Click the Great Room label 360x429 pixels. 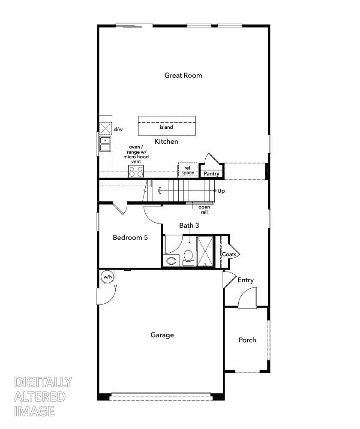pos(183,76)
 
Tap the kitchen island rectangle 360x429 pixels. pos(166,125)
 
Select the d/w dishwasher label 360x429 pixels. pos(118,129)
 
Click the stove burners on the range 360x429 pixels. pos(136,172)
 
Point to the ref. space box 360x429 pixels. pos(188,170)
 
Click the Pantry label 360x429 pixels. pos(211,174)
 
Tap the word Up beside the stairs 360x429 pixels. pos(221,191)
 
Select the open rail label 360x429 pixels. pos(204,210)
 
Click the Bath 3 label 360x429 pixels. pos(189,225)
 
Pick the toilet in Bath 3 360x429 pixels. pos(188,257)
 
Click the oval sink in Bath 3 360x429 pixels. pos(172,261)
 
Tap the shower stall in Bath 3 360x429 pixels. pos(205,251)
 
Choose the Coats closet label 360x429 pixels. pos(229,254)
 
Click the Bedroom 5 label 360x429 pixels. pos(130,237)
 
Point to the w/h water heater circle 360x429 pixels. pos(107,277)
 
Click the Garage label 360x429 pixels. pos(162,335)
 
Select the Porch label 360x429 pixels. pos(247,340)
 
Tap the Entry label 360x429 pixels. pos(246,280)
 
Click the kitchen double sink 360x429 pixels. pos(105,144)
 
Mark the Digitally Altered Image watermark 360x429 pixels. pos(43,396)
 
